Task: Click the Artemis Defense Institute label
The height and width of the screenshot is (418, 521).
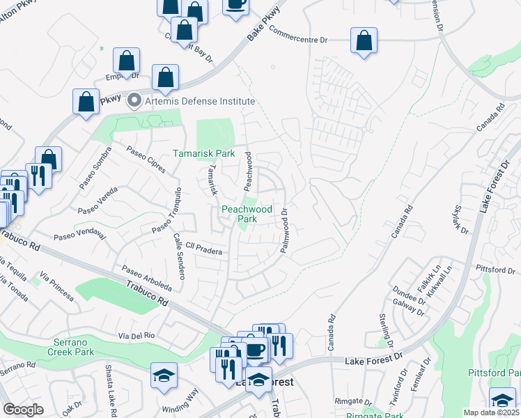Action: coord(199,100)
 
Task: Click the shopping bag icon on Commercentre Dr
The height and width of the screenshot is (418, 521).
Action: coord(364,40)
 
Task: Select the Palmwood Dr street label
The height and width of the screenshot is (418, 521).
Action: coord(284,230)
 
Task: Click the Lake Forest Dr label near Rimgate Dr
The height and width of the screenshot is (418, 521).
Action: coord(375,360)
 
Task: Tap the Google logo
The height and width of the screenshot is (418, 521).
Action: coord(23,410)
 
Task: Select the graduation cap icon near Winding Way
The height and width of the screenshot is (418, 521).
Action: coord(163,376)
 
